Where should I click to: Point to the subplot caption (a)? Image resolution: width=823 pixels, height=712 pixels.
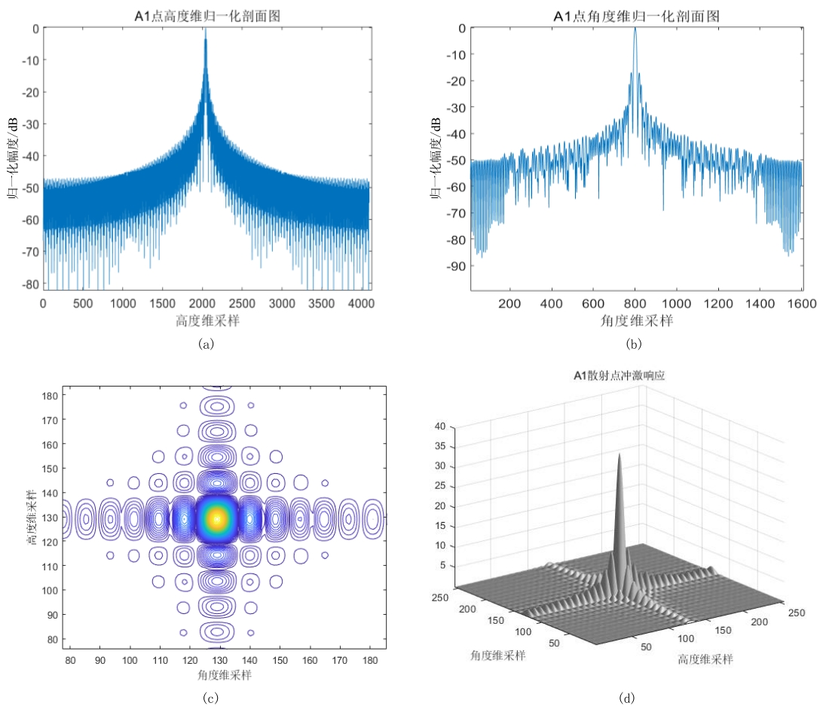[206, 344]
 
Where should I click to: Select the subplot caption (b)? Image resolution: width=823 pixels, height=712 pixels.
[634, 344]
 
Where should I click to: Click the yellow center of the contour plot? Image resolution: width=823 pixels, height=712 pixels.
[218, 518]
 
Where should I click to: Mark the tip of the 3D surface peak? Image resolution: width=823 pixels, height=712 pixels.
[620, 455]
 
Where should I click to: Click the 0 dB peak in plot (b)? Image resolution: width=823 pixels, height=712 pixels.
[635, 29]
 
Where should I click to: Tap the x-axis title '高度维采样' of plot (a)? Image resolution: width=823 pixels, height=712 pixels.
[206, 319]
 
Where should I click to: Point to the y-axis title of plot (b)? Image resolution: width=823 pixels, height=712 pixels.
[436, 158]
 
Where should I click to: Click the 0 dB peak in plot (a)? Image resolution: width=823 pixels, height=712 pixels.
[205, 32]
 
